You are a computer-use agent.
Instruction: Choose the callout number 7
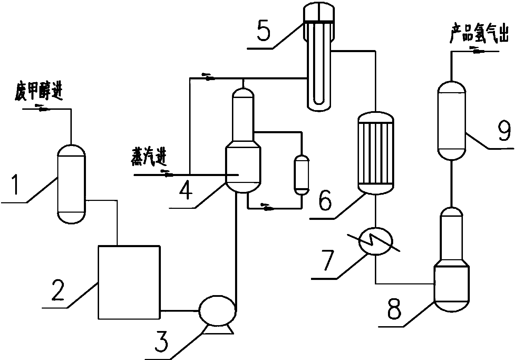click(329, 260)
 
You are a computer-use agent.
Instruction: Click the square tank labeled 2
click(129, 283)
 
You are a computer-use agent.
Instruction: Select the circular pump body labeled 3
click(217, 311)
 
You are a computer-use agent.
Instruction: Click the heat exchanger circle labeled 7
click(376, 241)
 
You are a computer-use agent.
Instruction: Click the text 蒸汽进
click(148, 157)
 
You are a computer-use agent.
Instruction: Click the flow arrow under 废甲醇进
click(42, 108)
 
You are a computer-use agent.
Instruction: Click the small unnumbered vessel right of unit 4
click(301, 175)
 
